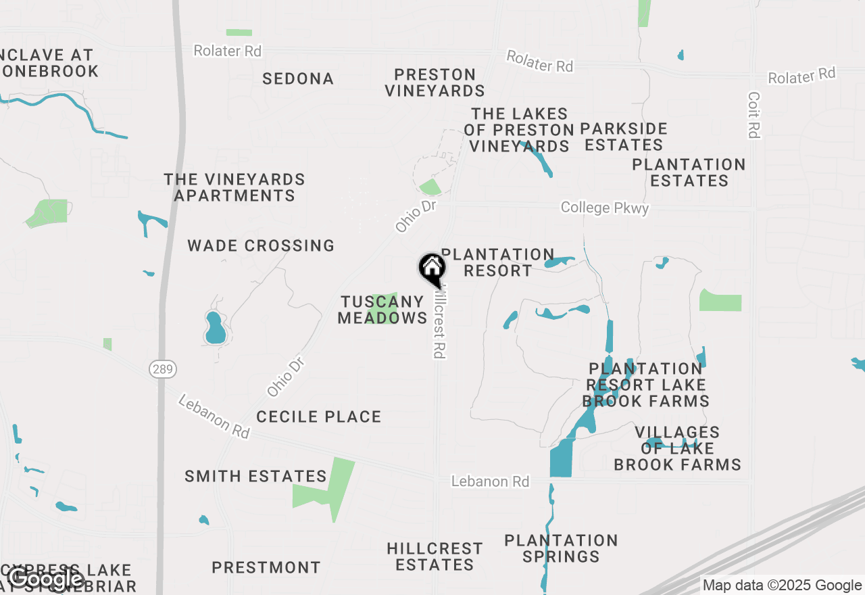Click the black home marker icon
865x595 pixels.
click(x=431, y=268)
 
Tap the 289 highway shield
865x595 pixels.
click(x=163, y=369)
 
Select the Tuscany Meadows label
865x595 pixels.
click(x=382, y=310)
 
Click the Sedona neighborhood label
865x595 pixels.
click(x=298, y=79)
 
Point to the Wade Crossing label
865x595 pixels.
click(x=261, y=245)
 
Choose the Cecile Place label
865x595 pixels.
click(x=319, y=416)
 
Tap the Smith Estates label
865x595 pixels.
click(x=256, y=477)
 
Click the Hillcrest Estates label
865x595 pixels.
click(x=435, y=556)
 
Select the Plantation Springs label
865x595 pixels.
click(x=561, y=548)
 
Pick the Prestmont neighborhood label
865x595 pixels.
click(x=266, y=567)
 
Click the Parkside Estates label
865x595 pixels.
click(x=624, y=137)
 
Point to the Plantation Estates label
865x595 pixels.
click(x=689, y=172)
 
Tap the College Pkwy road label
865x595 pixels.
click(x=605, y=208)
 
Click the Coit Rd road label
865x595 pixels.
click(x=754, y=115)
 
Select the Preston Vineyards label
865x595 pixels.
click(x=435, y=82)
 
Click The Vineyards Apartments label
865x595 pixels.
click(x=234, y=187)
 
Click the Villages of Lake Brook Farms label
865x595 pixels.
click(x=677, y=448)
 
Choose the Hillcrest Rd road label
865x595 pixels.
click(x=440, y=325)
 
